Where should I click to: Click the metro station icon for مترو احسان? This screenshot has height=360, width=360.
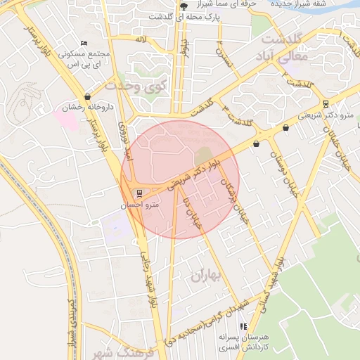[139, 193]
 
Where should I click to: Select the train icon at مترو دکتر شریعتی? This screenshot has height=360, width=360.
[325, 103]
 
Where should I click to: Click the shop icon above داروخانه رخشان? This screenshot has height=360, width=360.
[87, 96]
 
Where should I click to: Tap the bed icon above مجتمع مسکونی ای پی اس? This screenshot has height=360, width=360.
[84, 43]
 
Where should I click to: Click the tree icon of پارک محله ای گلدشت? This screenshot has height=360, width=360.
[184, 6]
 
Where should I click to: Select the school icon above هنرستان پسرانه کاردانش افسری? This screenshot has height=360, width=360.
[243, 326]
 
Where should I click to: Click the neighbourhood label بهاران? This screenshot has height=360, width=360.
[205, 276]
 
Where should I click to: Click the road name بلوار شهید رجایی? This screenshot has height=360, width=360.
[148, 282]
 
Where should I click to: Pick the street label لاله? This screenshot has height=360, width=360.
[142, 41]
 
